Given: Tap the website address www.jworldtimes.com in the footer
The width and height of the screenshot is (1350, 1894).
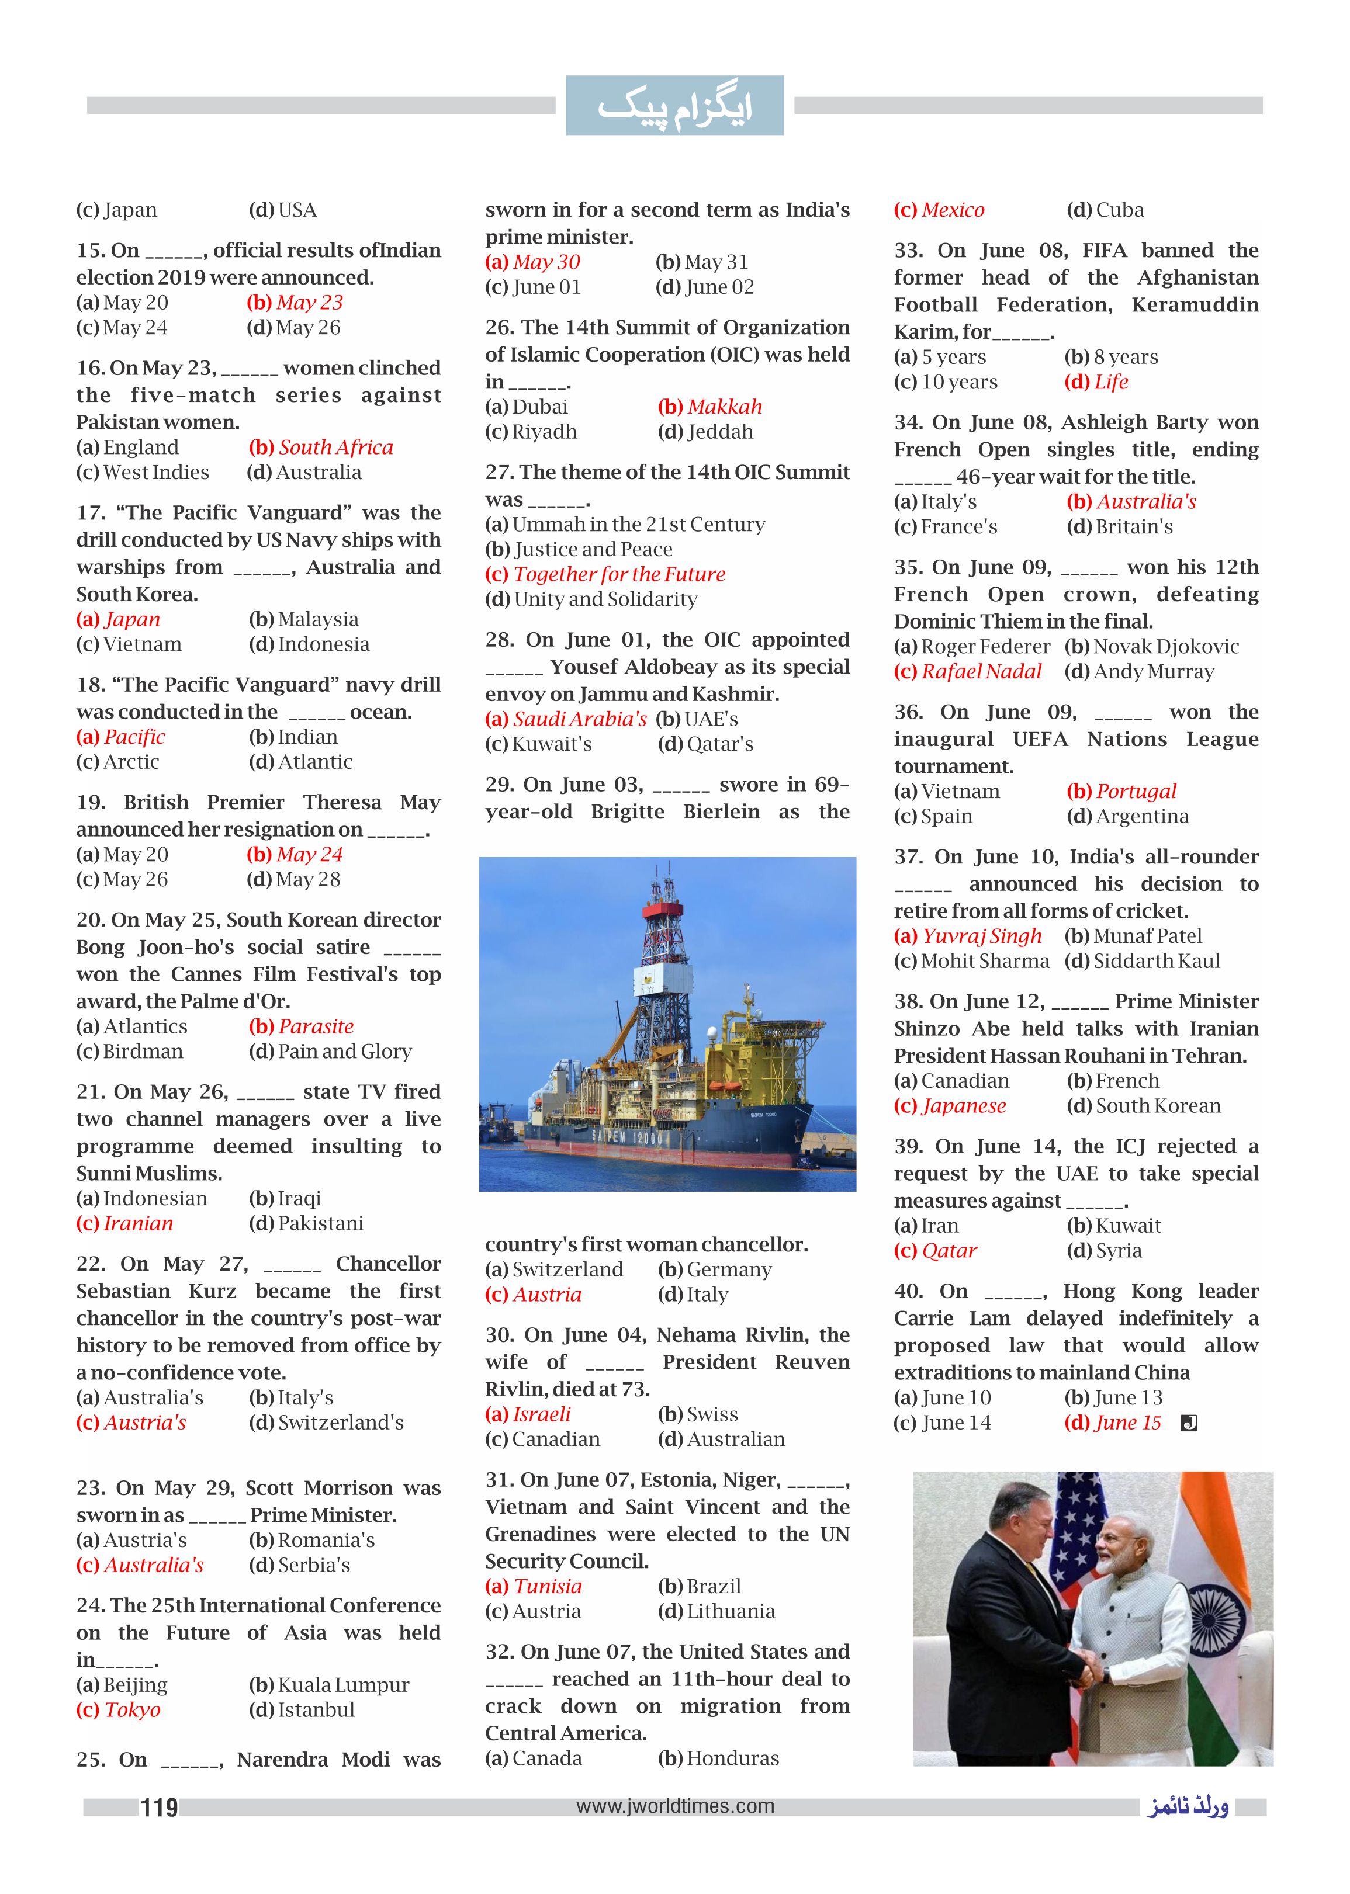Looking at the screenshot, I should tap(674, 1806).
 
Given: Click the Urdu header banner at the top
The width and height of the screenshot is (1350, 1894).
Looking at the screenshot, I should tap(674, 106).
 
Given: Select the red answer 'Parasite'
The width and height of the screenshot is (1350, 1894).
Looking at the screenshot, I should tap(316, 1026).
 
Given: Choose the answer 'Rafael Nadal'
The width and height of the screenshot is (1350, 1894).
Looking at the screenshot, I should tap(981, 671).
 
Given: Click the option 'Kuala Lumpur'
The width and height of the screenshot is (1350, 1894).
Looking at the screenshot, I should tap(342, 1685).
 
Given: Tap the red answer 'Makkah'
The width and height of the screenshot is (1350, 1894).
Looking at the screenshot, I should tap(724, 407).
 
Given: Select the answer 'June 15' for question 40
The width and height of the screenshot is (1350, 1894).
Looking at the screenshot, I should tap(1127, 1423).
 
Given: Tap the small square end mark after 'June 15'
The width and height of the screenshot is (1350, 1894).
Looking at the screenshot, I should tap(1189, 1424).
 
